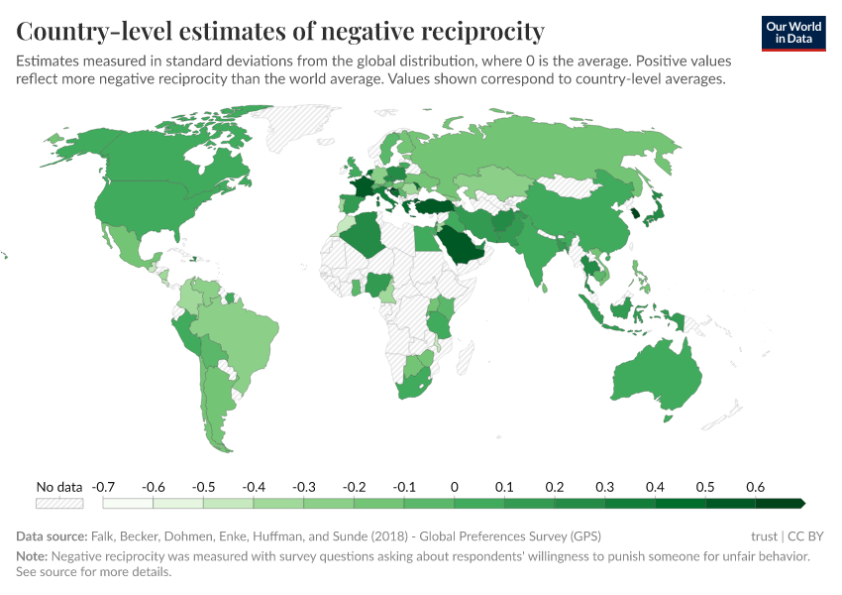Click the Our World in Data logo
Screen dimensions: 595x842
point(793,33)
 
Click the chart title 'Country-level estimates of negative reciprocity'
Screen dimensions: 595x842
point(280,32)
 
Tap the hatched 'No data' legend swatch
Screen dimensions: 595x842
point(58,504)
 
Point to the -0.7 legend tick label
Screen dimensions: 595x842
point(103,487)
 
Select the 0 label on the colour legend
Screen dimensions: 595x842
point(454,487)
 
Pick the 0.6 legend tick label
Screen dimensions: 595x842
point(756,487)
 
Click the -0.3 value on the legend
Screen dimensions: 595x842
point(303,487)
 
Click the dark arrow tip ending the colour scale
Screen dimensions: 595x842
point(799,504)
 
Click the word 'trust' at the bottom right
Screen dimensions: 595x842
point(765,536)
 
